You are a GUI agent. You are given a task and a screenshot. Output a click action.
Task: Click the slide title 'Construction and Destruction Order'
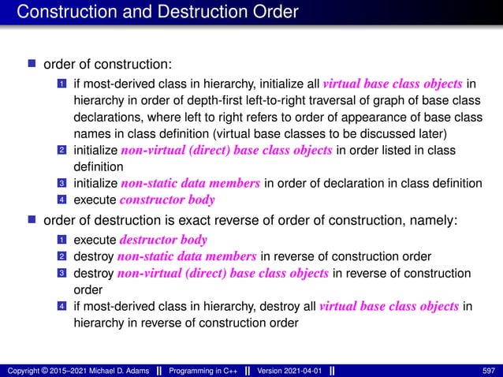pos(158,13)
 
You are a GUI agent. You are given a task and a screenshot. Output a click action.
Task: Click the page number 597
pos(490,370)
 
